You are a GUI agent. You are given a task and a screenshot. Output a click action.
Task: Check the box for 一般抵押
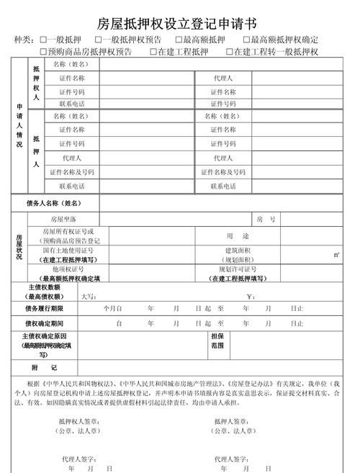44,40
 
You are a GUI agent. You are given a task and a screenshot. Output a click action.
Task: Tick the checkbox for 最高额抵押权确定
246,40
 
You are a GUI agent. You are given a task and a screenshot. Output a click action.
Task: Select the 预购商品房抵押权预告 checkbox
44,52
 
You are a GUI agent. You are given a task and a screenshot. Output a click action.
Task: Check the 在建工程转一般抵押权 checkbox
230,52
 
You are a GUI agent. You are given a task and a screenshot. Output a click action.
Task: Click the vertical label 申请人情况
19,125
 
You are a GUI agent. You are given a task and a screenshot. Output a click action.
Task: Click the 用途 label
238,236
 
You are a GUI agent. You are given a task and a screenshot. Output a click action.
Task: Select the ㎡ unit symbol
336,255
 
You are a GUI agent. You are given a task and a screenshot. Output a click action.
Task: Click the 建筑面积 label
238,251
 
